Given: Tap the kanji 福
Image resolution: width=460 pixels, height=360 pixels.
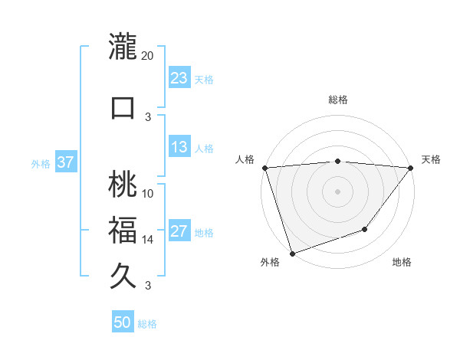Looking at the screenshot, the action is click(x=123, y=231).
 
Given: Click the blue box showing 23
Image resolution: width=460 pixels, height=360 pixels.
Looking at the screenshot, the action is click(x=179, y=78).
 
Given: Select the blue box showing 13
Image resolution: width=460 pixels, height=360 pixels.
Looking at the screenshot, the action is click(x=179, y=148).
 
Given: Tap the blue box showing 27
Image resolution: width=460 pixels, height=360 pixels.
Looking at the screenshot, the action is click(x=179, y=232).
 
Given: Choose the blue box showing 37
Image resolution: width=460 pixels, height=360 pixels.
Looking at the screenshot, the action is click(x=65, y=162).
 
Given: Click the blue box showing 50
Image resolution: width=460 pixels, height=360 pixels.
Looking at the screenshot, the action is click(x=123, y=322).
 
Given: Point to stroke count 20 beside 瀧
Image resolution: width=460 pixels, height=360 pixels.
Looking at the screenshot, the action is click(x=148, y=55).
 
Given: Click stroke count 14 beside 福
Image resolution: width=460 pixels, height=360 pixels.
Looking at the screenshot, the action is click(x=148, y=240).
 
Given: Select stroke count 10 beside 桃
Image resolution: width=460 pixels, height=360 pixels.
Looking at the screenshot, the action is click(x=148, y=193).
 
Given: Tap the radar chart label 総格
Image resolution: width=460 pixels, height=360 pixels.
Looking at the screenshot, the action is click(x=338, y=100).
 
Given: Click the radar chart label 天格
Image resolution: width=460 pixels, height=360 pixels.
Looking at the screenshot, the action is click(x=432, y=159).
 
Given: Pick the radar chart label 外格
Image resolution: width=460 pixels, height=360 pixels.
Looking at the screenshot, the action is click(x=270, y=263).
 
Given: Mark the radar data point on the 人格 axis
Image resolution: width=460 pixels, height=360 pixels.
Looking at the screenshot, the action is click(x=264, y=168).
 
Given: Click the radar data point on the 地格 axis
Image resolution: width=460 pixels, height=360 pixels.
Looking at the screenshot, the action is click(x=366, y=229).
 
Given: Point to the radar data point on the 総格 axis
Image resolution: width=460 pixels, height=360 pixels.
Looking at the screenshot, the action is click(x=338, y=161).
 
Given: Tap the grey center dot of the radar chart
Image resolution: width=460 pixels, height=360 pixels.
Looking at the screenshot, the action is click(x=338, y=191).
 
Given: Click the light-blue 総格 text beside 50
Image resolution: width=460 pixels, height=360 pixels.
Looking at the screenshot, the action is click(x=147, y=324).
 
